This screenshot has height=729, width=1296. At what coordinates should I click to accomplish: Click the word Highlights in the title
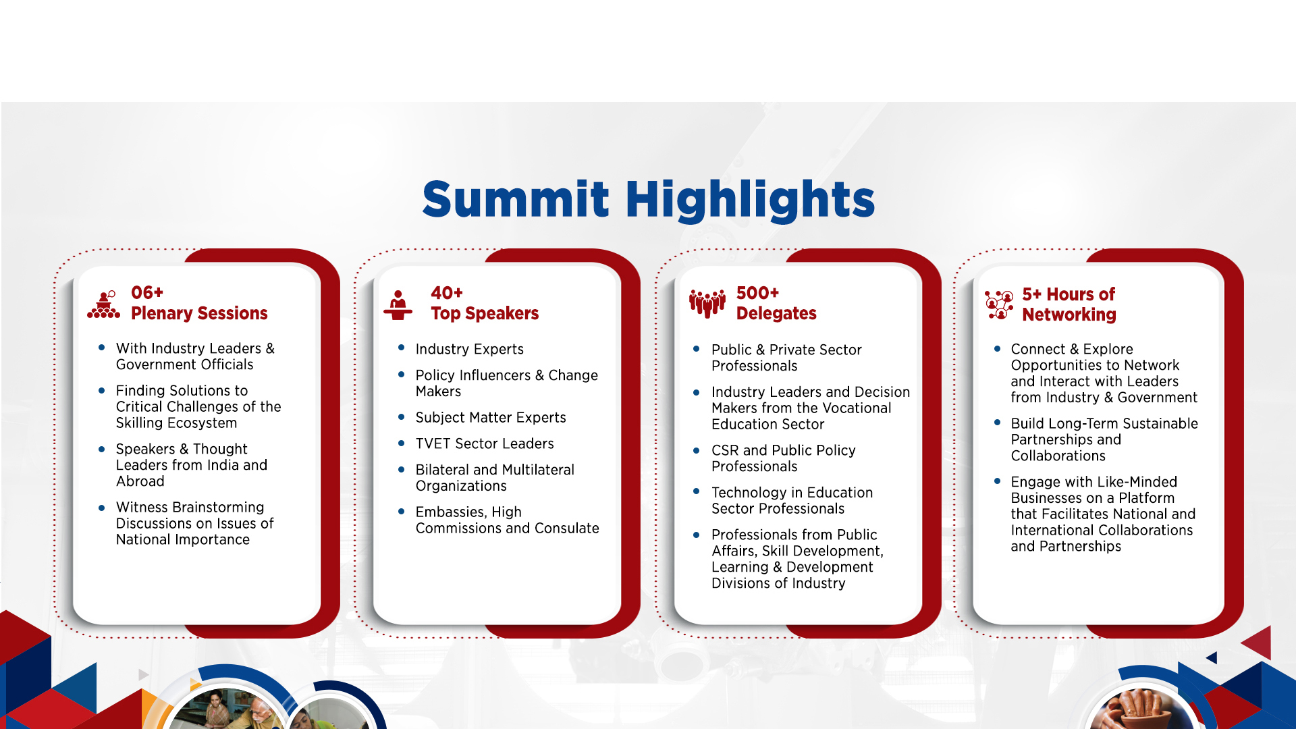750,200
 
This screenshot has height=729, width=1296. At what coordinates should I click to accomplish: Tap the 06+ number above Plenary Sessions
147,292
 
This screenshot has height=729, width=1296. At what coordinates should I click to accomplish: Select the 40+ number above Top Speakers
447,292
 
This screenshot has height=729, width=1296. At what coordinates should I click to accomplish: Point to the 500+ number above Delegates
757,292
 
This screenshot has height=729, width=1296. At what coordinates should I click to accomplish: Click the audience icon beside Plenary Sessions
104,304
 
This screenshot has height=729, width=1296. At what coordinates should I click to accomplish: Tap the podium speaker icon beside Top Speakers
398,305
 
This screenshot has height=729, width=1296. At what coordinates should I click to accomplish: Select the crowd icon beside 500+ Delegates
707,304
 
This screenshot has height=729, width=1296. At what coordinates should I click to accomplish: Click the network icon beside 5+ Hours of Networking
999,305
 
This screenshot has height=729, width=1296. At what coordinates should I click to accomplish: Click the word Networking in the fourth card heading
1069,315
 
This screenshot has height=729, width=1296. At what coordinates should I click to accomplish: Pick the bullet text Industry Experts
470,349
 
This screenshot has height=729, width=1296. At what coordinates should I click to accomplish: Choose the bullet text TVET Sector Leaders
485,443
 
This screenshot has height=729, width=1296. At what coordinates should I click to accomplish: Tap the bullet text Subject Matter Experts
491,418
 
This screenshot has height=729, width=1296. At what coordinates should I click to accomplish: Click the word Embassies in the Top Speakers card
449,512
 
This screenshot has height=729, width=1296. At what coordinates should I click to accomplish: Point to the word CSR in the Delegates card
725,450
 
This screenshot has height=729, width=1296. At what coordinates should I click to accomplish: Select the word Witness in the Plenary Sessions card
142,507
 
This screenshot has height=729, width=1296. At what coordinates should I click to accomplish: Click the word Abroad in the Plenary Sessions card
140,481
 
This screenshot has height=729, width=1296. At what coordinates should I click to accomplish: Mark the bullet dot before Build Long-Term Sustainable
997,423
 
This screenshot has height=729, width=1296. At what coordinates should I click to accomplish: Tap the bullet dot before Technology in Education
697,491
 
